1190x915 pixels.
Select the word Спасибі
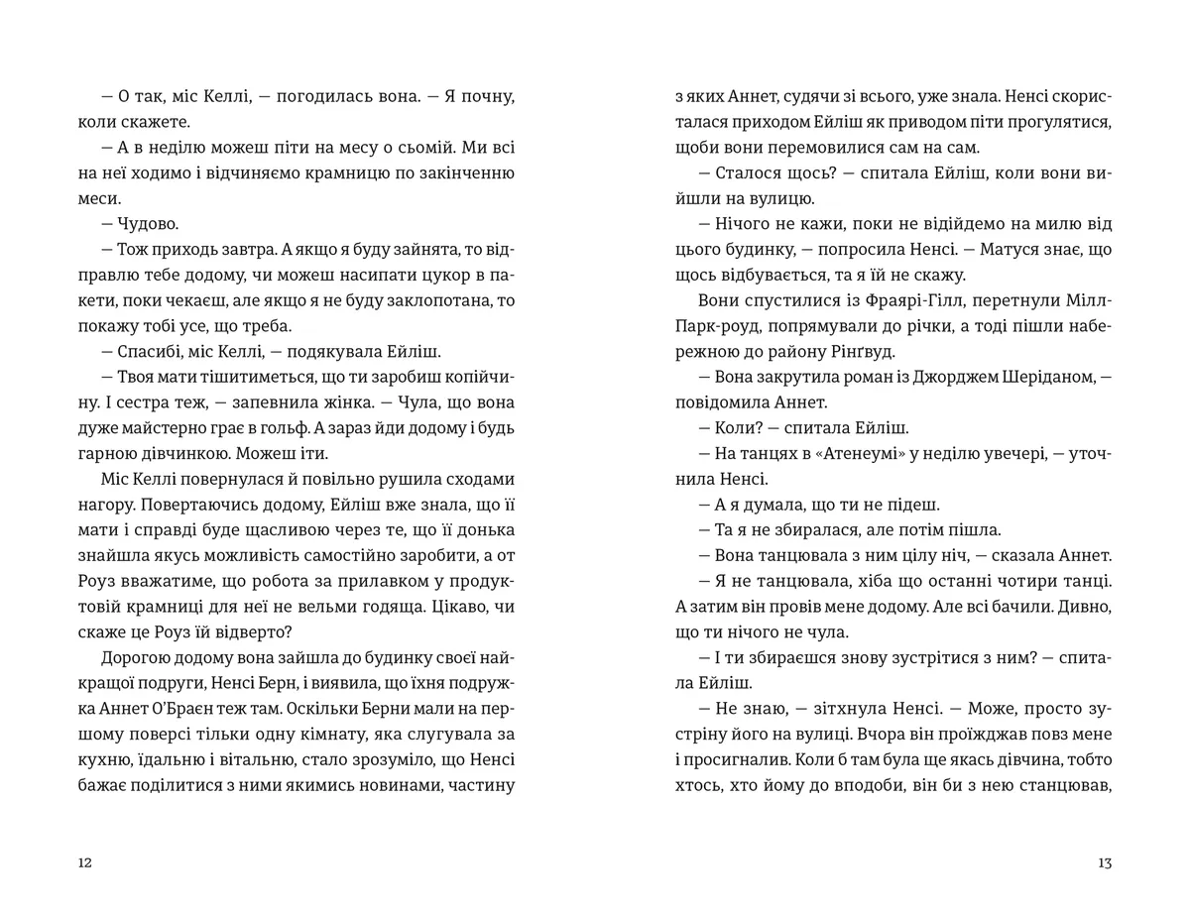click(x=150, y=352)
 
